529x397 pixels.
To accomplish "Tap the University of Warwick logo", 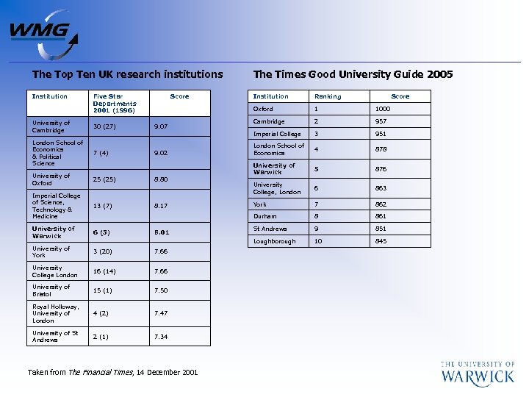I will [477, 373].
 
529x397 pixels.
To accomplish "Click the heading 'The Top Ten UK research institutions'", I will [127, 74].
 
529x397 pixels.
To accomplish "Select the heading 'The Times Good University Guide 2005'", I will [353, 74].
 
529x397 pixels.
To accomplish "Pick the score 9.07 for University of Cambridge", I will [162, 126].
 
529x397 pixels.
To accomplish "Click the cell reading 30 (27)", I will [104, 126].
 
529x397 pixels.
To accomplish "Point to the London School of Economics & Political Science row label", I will [57, 153].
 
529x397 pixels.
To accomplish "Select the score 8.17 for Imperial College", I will [162, 206].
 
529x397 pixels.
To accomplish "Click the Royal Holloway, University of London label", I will [55, 313].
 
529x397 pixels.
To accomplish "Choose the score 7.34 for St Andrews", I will [162, 337].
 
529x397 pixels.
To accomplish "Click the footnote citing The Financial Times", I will [112, 373].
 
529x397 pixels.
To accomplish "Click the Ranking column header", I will [328, 96].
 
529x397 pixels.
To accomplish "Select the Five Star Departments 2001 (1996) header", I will [115, 103].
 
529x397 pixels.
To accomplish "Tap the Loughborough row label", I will [274, 241].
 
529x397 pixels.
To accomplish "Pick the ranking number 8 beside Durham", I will [317, 217].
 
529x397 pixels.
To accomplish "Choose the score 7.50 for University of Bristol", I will [162, 290].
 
